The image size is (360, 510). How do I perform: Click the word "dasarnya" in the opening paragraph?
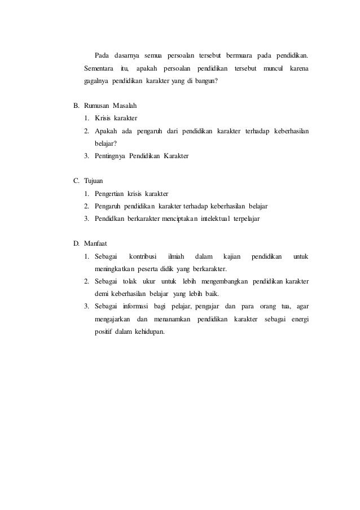tap(127, 55)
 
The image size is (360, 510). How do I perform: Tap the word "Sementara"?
tap(99, 68)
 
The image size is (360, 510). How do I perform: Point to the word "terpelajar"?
tap(243, 218)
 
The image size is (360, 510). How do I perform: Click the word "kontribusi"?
tap(142, 256)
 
